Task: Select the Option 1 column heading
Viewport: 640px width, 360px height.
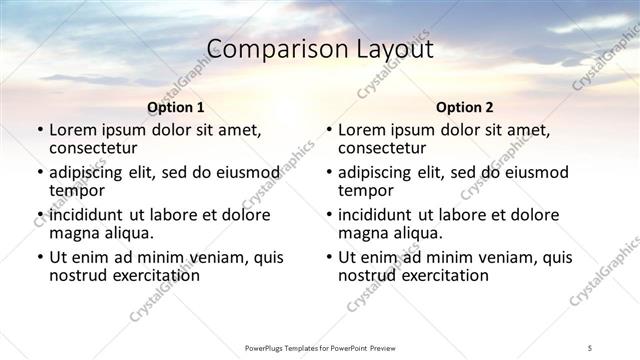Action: coord(175,107)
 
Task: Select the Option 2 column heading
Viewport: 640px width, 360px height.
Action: coord(464,107)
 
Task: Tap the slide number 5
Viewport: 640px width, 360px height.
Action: coord(590,347)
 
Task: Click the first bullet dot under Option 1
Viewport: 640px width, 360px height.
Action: coord(39,131)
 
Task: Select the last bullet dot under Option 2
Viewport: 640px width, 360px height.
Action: coord(328,258)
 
